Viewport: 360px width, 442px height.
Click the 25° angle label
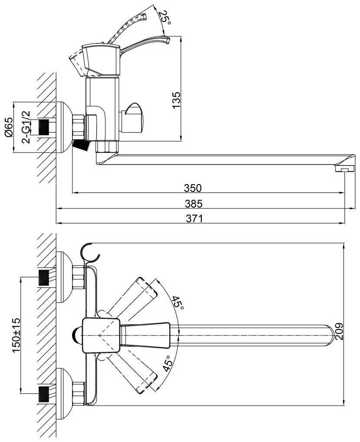tap(164, 17)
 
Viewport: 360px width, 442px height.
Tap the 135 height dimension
tap(176, 100)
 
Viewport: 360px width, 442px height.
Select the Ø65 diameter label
tap(9, 127)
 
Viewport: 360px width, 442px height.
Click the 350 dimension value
tap(193, 188)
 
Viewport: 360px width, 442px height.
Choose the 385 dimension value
tap(193, 204)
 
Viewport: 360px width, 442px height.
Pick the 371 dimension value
tap(194, 218)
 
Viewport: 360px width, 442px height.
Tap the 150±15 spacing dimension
tap(16, 335)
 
